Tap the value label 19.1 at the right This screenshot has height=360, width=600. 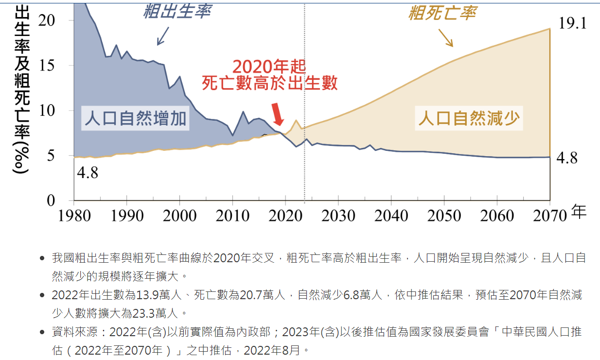click(573, 23)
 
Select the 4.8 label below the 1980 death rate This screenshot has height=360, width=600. click(88, 172)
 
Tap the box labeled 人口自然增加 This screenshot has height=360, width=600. click(135, 118)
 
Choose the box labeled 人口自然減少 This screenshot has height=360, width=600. click(469, 118)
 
